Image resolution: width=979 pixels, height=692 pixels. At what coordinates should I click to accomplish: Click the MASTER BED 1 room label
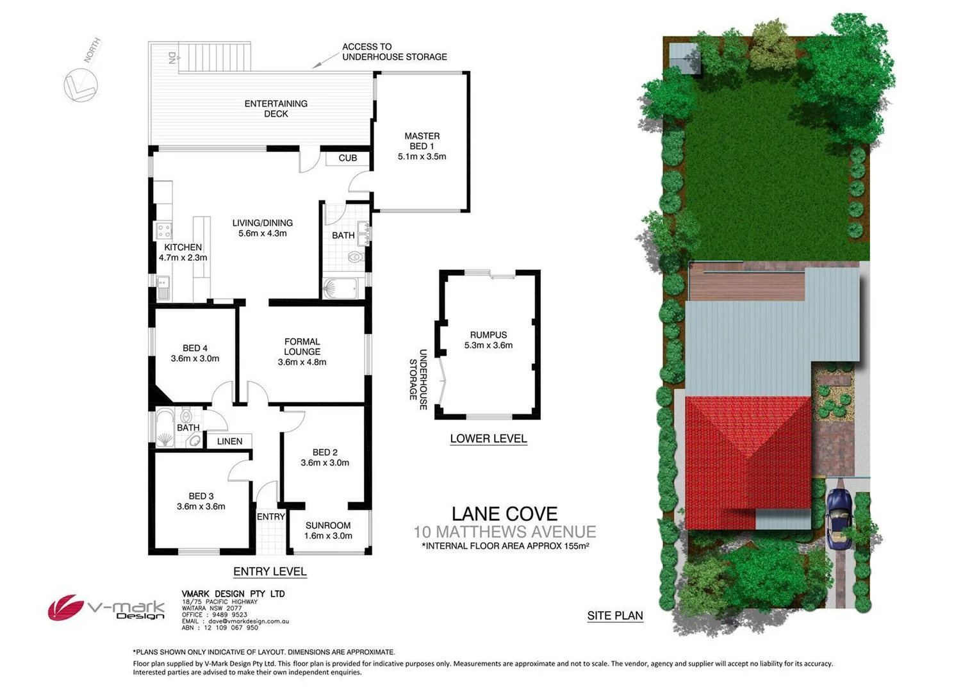pyautogui.click(x=422, y=146)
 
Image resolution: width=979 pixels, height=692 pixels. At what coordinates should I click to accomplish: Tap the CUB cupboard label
pyautogui.click(x=348, y=158)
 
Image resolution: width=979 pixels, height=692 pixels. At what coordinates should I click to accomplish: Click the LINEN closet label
pyautogui.click(x=229, y=441)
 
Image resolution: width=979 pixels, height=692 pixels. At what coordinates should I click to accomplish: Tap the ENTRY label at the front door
pyautogui.click(x=270, y=516)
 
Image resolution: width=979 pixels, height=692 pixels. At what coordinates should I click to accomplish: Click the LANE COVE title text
pyautogui.click(x=504, y=514)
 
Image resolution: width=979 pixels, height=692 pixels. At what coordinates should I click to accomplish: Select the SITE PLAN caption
pyautogui.click(x=615, y=616)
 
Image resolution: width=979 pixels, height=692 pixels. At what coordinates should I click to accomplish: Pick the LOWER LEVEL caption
pyautogui.click(x=488, y=439)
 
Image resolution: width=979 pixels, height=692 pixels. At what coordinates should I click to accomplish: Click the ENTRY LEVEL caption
pyautogui.click(x=270, y=572)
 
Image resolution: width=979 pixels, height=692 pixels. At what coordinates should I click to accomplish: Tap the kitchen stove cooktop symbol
pyautogui.click(x=163, y=230)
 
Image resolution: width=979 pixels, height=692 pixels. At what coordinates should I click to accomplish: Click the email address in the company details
pyautogui.click(x=245, y=622)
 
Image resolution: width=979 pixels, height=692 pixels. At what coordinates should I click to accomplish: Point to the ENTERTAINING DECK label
pyautogui.click(x=276, y=108)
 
